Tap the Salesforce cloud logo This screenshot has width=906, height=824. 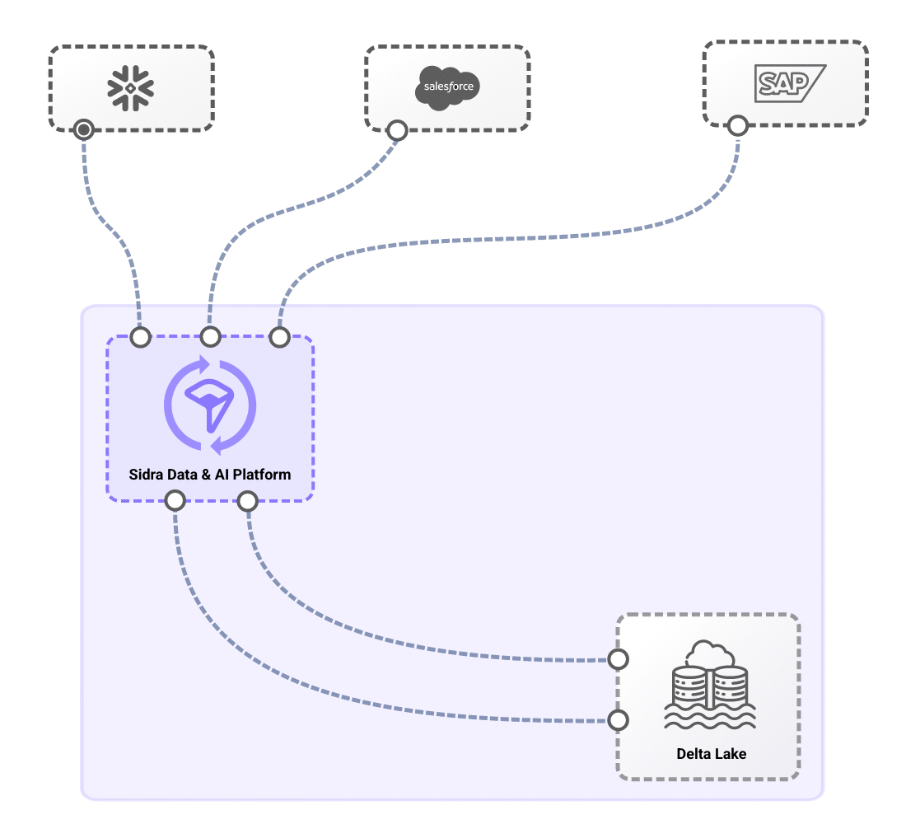447,87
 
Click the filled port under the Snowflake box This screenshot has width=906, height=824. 83,129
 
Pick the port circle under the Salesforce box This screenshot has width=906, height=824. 397,130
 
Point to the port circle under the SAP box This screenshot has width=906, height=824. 737,125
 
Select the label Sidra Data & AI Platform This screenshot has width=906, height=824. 210,475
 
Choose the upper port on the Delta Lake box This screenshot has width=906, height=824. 618,659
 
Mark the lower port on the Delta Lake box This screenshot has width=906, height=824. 618,720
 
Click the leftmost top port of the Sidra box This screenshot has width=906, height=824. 141,336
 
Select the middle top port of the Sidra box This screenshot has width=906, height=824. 211,336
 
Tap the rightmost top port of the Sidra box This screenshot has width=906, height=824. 280,336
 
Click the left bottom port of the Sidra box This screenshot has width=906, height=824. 175,500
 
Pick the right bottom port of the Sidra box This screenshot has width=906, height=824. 248,500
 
